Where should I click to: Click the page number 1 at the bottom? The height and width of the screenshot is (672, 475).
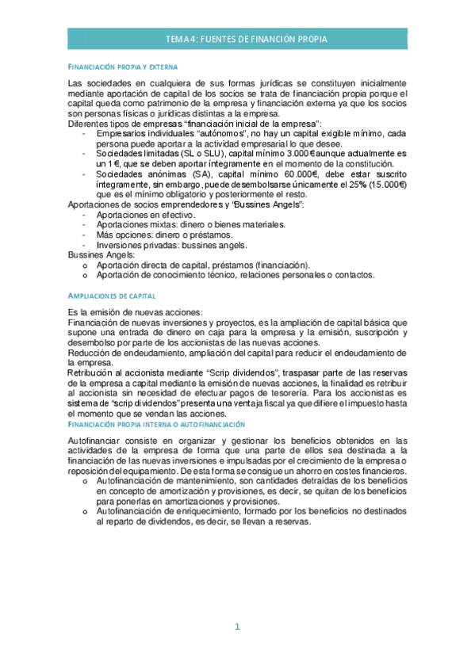coord(236,627)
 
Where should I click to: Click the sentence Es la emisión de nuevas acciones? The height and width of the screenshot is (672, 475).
coord(135,311)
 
